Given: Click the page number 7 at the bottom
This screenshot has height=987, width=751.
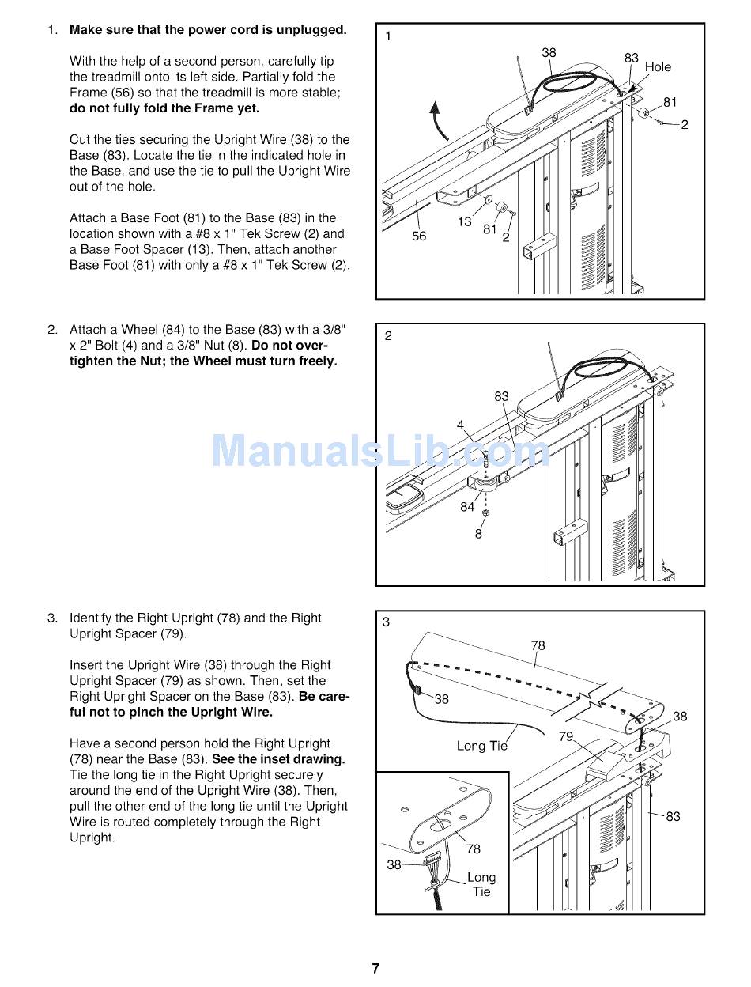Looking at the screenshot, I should click(375, 968).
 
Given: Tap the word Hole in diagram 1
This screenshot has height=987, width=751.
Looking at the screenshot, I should click(658, 67).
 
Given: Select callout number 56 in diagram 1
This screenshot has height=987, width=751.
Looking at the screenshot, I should click(419, 236).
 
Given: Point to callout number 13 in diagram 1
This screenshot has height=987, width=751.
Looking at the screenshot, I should click(465, 222).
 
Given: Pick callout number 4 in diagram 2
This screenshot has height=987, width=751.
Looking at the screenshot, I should click(460, 425).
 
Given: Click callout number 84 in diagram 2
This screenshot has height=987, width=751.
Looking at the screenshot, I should click(467, 507).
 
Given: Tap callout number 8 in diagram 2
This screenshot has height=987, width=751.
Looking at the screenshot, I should click(478, 534).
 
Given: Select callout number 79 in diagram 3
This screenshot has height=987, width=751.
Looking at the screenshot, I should click(566, 736).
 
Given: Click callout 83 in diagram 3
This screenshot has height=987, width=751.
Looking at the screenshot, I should click(673, 816).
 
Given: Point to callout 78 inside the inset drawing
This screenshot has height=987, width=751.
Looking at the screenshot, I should click(473, 849).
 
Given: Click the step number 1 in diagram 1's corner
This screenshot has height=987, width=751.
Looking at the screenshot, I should click(388, 36).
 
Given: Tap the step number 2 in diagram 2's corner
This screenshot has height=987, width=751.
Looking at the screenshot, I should click(388, 336).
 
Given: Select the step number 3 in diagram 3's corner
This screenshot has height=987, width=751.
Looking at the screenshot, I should click(386, 622).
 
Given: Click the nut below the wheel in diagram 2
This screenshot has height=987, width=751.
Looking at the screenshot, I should click(485, 512).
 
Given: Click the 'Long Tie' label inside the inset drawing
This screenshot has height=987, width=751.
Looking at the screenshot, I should click(481, 884).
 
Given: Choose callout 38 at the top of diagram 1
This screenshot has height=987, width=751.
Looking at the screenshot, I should click(549, 53).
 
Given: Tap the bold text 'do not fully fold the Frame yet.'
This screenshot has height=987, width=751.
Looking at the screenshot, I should click(164, 108).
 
